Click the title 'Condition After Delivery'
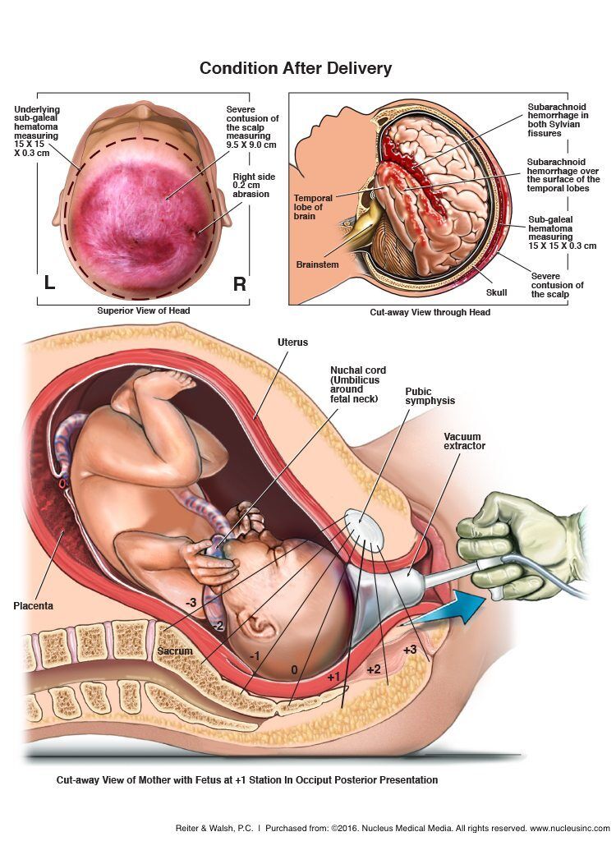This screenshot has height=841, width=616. [x=295, y=68]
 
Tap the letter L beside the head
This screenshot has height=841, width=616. [x=49, y=283]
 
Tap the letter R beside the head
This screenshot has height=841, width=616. [x=240, y=284]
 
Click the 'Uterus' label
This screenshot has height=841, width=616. [x=292, y=341]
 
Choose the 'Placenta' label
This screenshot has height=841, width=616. [x=33, y=605]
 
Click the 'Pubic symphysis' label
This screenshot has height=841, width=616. [x=430, y=396]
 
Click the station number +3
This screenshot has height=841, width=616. [x=410, y=650]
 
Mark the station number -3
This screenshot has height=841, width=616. [x=191, y=603]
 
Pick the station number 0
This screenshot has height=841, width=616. [x=294, y=669]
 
